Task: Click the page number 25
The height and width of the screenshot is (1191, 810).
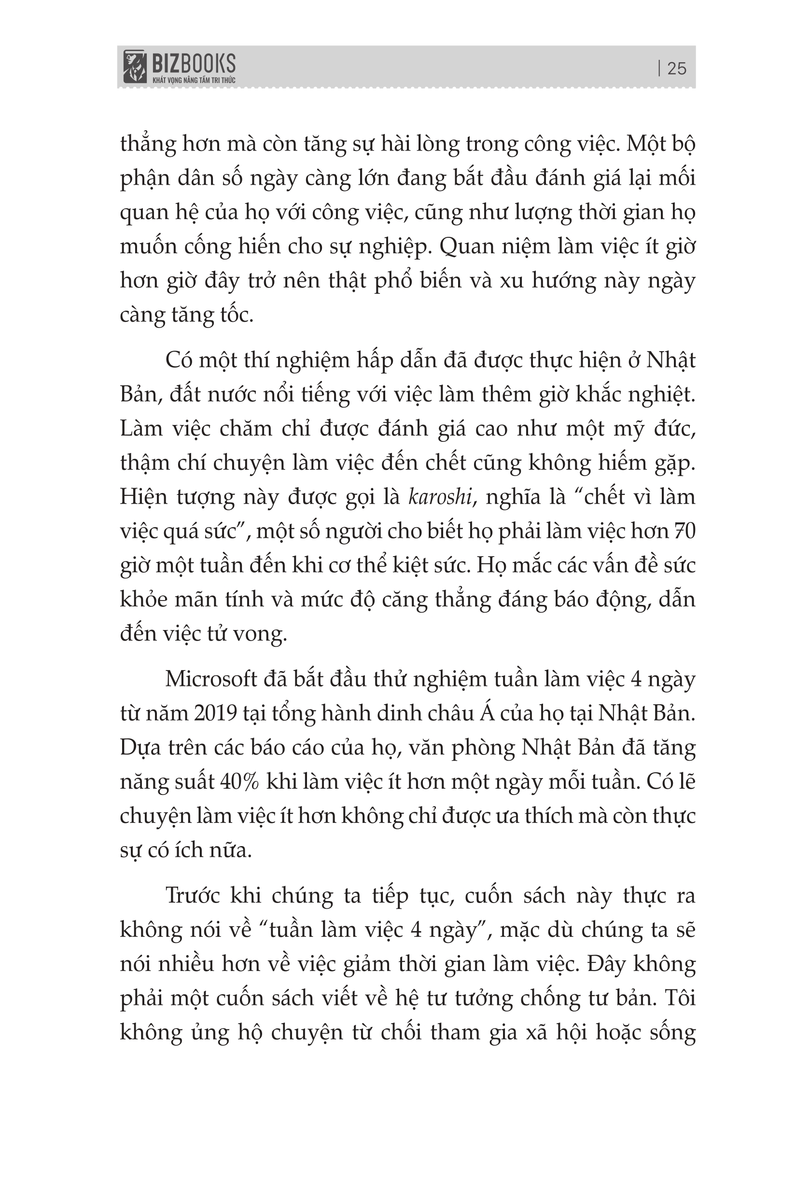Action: click(x=677, y=68)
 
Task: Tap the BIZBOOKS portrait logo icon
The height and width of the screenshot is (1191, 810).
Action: click(x=134, y=66)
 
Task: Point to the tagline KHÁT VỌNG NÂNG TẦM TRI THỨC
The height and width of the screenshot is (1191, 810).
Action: click(x=194, y=81)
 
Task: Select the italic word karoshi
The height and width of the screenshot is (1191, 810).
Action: click(x=440, y=497)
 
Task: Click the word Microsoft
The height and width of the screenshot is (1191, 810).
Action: click(x=211, y=679)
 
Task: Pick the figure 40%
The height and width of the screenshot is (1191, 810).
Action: click(x=239, y=781)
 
